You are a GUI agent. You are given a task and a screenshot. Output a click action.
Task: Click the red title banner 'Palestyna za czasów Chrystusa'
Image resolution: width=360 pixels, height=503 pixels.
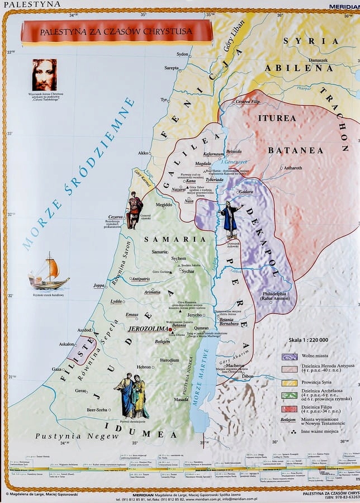coord(116,32)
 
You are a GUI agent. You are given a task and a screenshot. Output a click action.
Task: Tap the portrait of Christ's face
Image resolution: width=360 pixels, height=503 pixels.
coord(44,74)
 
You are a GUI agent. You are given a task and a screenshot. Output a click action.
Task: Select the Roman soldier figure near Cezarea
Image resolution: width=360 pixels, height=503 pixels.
coord(134,210)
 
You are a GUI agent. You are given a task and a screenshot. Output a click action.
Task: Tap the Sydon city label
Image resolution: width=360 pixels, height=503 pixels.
coord(182,54)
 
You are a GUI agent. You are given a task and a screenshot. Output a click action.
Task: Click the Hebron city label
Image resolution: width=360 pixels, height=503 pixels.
coord(144,367)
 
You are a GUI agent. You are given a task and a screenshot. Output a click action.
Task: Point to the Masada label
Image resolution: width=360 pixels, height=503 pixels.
coord(181,400)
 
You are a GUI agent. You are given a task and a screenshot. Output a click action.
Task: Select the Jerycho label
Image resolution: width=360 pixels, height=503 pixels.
coord(194,315)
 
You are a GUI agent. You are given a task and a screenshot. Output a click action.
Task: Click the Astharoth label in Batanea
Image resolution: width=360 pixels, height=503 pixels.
coord(292,168)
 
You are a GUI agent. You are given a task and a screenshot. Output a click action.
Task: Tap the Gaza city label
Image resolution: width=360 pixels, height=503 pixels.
coord(56,369)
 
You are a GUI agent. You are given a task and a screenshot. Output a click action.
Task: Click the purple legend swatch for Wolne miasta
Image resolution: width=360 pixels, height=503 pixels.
coord(290,356)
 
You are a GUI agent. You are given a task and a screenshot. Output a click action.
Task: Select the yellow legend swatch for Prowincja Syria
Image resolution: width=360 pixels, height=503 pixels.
coord(290,383)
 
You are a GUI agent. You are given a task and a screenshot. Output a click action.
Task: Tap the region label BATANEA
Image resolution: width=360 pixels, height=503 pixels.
coord(295,150)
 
